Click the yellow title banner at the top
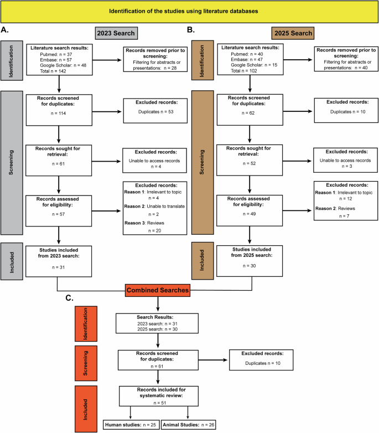(x=189, y=11)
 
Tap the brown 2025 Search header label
(x=293, y=33)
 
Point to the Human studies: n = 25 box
(x=130, y=425)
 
